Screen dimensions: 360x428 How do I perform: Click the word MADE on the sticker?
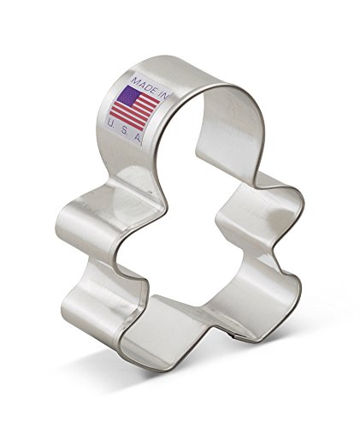pos(144,85)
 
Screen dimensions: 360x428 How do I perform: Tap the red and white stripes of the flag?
pos(135,109)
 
